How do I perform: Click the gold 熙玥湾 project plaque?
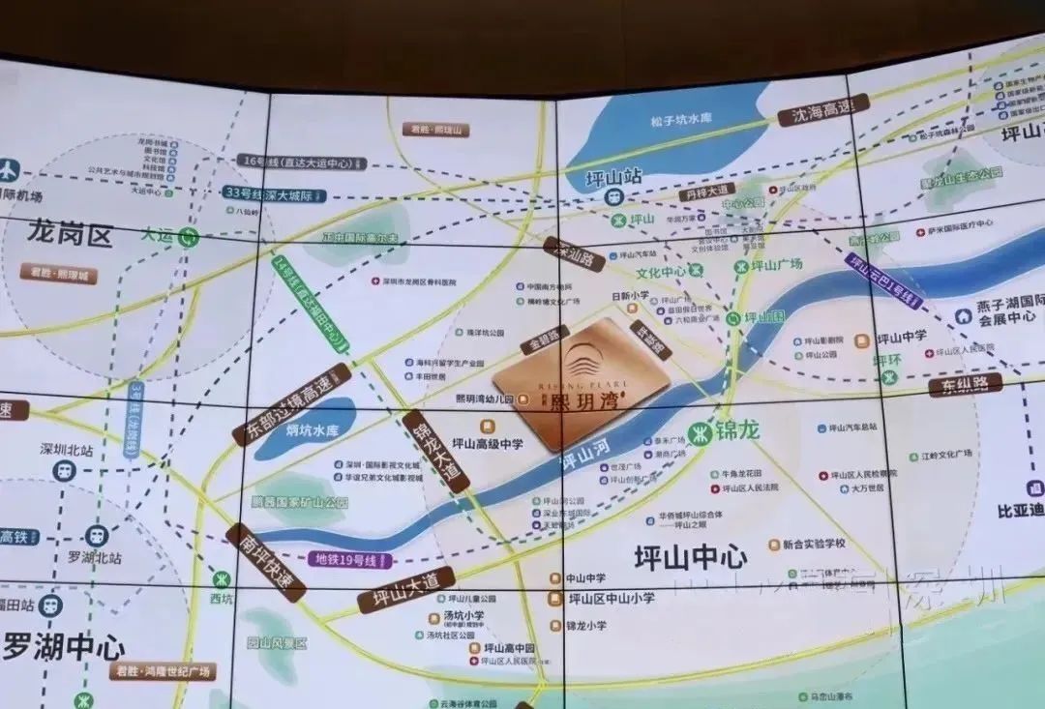(582, 383)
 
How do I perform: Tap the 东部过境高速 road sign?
(291, 404)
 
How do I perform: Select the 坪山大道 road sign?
(406, 589)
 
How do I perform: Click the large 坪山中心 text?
(690, 557)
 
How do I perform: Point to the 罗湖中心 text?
(64, 646)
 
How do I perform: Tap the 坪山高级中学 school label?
(487, 444)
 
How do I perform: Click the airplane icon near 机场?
(9, 170)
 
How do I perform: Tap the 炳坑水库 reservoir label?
(312, 430)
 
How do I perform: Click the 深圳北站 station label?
(66, 450)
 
